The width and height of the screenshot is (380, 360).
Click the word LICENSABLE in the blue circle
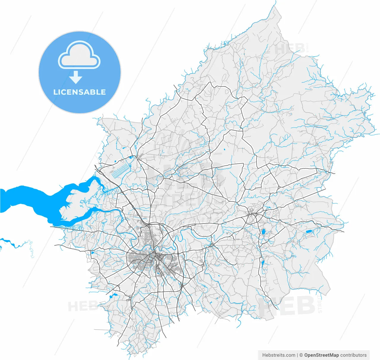click(80, 92)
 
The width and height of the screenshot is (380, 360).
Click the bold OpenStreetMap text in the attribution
click(322, 355)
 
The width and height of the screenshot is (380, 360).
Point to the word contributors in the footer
click(353, 355)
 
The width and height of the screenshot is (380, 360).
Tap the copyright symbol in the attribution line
click(301, 355)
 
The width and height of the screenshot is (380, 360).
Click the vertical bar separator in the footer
click(297, 355)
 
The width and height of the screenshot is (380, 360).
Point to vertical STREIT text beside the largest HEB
click(319, 304)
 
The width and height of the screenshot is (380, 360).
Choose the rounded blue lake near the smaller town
click(263, 232)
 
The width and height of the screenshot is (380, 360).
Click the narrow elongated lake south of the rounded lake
click(262, 263)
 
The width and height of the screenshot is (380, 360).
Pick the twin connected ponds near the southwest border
click(113, 296)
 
